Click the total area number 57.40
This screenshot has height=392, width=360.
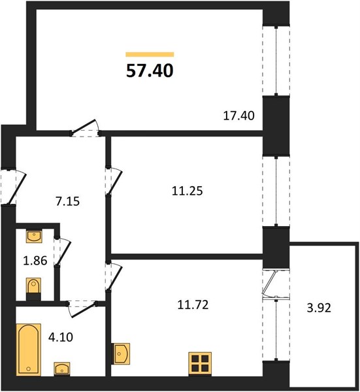pos(150,71)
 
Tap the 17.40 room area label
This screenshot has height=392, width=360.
pos(238,116)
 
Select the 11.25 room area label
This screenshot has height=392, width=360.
pos(188,191)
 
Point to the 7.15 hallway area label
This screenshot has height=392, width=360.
pos(67,201)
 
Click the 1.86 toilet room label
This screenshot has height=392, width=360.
pos(35,261)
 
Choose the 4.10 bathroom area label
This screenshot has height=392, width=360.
pos(61,337)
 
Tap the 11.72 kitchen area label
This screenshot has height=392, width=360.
pos(193,305)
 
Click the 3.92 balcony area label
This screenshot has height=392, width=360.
pos(319,308)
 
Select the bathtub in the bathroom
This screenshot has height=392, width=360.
pos(29,350)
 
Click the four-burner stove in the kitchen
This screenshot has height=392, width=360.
pos(200,364)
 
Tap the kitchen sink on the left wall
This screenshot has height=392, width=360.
pos(121,353)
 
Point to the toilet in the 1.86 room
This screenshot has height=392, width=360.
pos(33,289)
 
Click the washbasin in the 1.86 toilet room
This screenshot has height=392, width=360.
pos(34,237)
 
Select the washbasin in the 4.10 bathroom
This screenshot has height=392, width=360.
pos(62,369)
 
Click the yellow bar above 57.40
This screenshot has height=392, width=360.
pos(150,54)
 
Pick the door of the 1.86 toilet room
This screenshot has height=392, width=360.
pos(63,252)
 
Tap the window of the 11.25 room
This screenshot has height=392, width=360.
pos(276,191)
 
